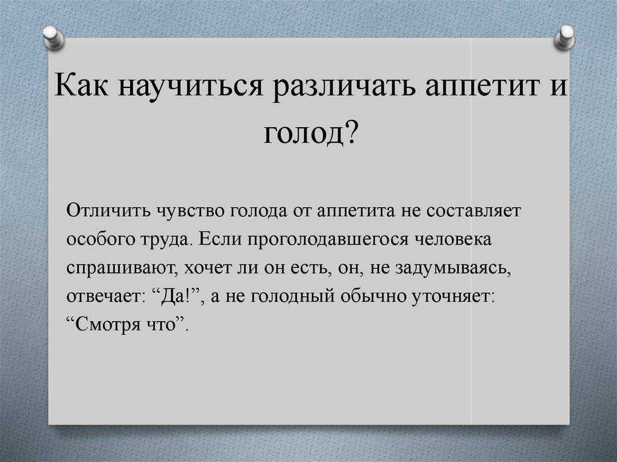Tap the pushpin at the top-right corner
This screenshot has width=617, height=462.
point(564,37)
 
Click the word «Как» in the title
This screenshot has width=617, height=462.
point(82,84)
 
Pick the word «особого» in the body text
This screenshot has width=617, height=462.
point(101,239)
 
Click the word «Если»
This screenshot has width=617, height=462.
point(219,239)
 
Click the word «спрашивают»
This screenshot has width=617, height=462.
point(121,268)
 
